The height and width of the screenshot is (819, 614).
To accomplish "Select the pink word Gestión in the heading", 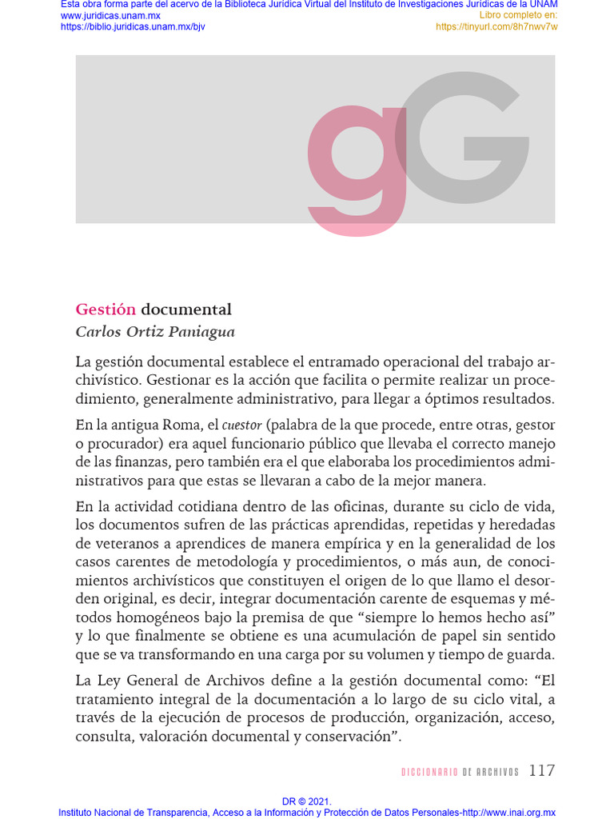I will (x=106, y=310).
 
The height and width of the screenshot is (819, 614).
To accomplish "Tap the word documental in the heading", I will (x=186, y=310).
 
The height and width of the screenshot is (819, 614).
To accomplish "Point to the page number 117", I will (x=541, y=771).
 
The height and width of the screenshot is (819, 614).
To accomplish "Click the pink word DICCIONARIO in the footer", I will (x=429, y=772).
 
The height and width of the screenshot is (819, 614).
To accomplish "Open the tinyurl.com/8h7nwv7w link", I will (x=496, y=26).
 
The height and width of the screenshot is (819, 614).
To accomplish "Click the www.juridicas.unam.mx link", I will (x=110, y=16).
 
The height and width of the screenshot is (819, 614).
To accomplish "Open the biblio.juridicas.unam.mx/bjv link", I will (x=133, y=26).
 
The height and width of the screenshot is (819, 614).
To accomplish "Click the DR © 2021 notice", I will (x=307, y=801).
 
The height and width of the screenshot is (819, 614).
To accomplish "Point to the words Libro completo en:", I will (x=518, y=16).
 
